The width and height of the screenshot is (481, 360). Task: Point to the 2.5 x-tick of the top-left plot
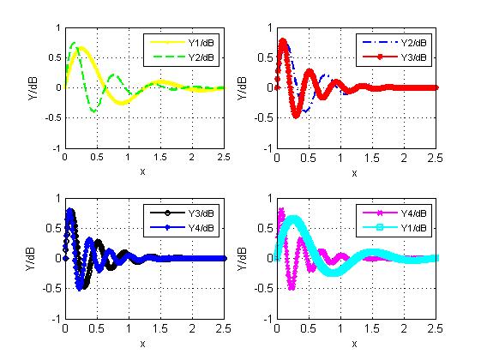pyautogui.click(x=223, y=158)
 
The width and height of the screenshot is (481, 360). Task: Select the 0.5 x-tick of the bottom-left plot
pyautogui.click(x=96, y=328)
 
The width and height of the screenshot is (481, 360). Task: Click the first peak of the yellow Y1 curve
pyautogui.click(x=82, y=48)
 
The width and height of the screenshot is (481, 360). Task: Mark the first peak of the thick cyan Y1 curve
pyautogui.click(x=294, y=219)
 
